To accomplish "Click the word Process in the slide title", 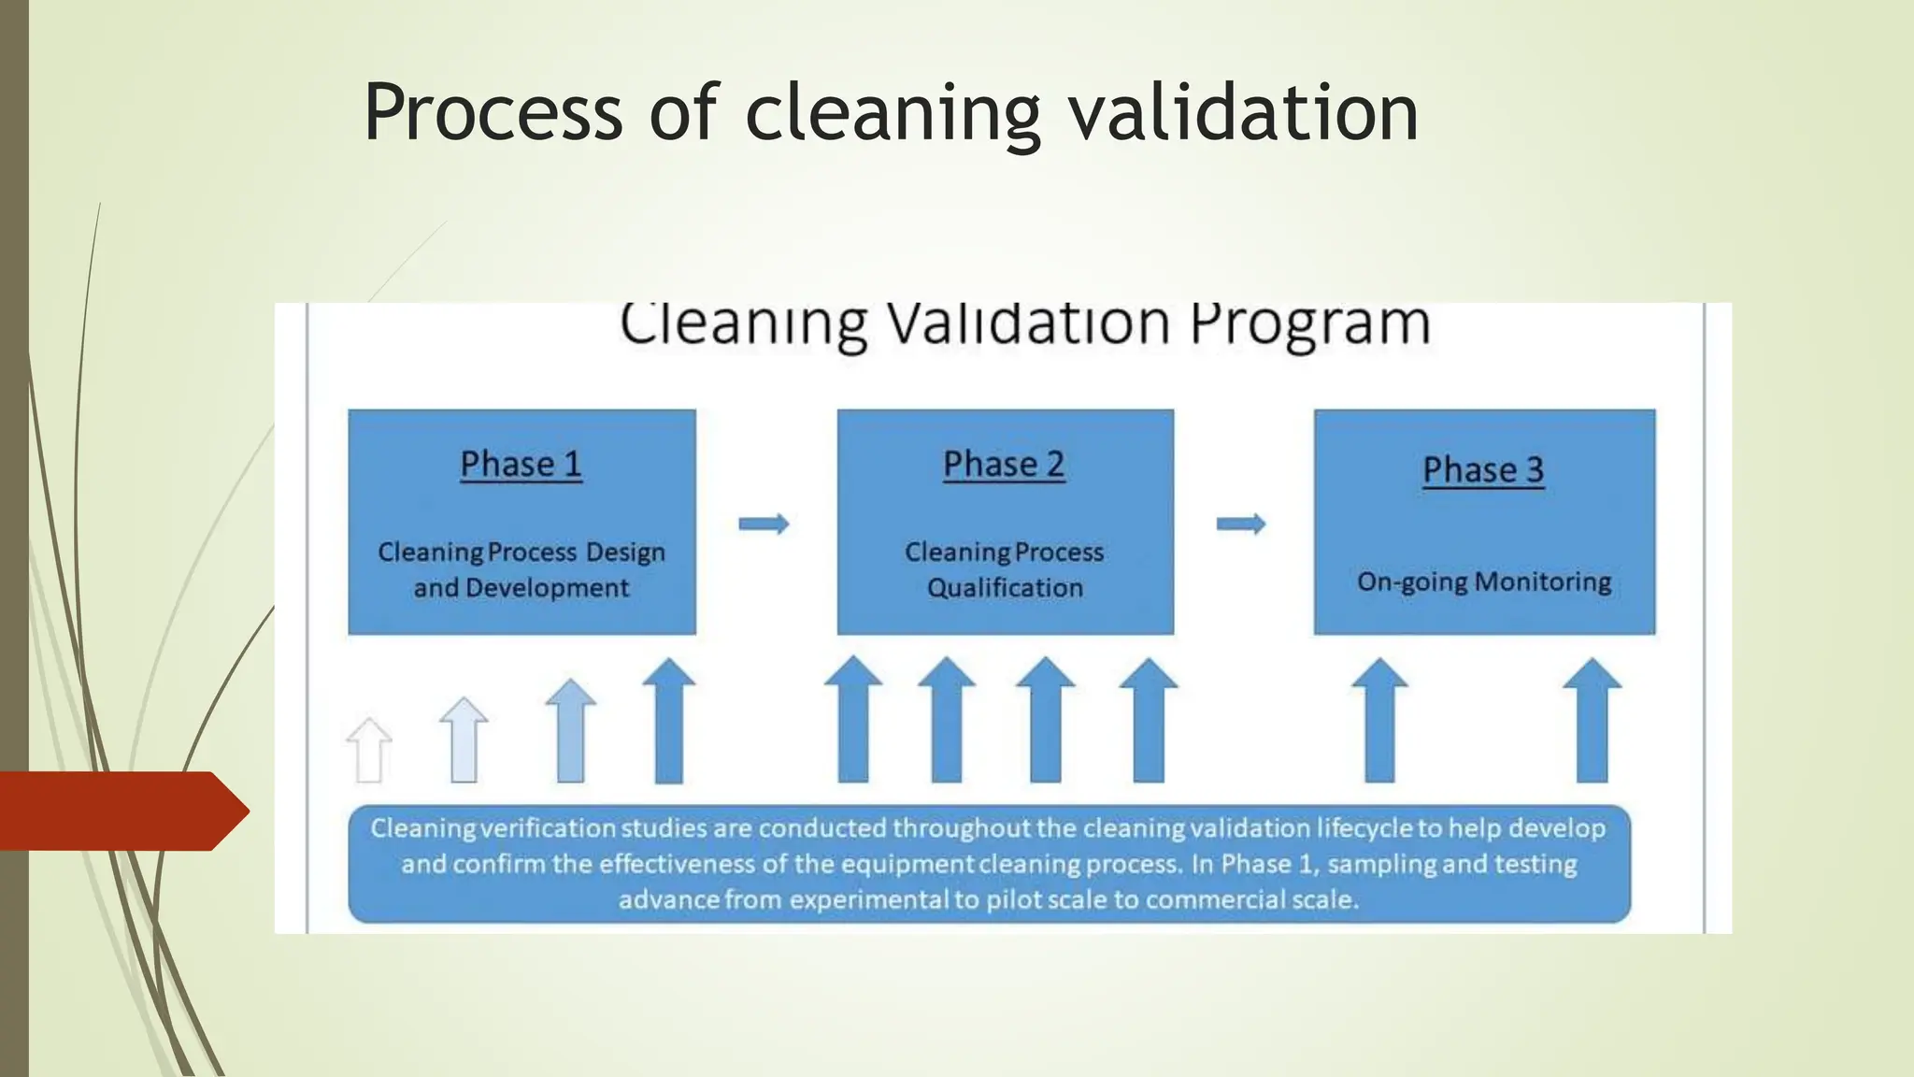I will [493, 113].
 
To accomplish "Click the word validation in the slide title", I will [1243, 113].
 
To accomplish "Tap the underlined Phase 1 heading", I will [521, 465].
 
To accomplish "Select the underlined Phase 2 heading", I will [1004, 465].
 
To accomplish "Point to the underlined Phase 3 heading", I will [1483, 470].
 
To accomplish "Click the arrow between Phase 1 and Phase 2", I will [764, 524].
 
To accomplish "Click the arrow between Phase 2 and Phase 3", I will [1241, 524].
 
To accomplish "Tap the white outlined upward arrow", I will [369, 750].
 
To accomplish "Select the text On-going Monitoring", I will [1484, 582].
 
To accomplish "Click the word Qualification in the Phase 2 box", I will [1005, 588].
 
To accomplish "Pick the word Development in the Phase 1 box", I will [547, 588].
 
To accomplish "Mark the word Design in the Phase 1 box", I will [625, 553].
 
